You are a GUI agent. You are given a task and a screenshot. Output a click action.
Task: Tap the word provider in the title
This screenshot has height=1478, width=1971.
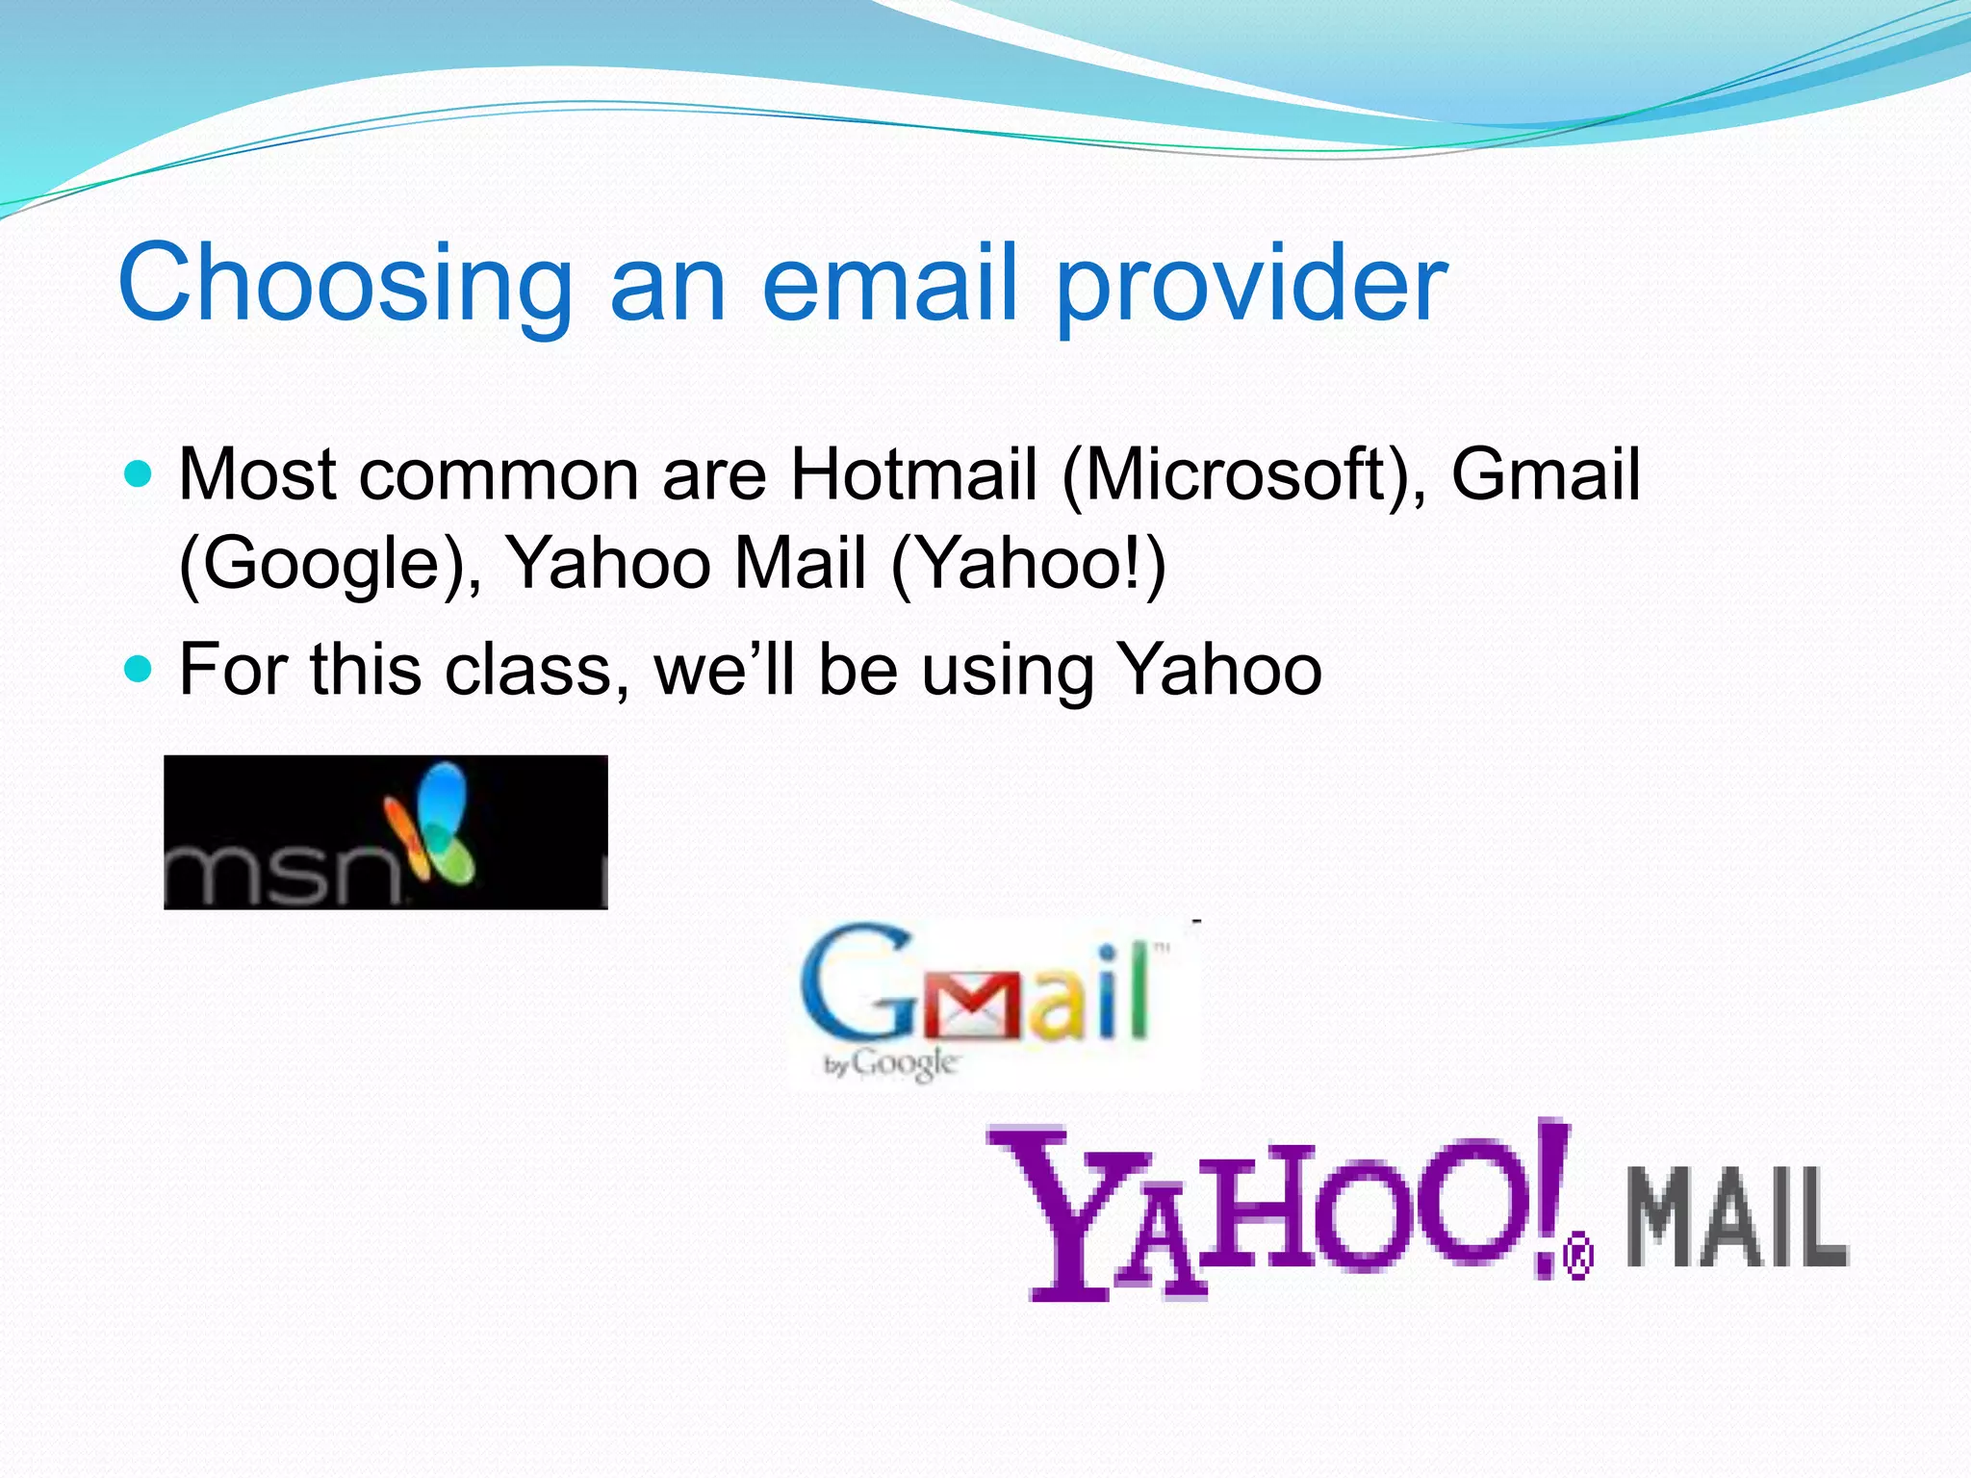point(1251,283)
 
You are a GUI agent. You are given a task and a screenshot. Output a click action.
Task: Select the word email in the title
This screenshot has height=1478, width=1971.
point(889,283)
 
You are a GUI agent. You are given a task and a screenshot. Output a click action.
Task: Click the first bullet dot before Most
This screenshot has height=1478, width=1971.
point(140,473)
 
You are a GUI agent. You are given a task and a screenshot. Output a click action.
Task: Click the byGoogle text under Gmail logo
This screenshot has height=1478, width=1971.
point(891,1064)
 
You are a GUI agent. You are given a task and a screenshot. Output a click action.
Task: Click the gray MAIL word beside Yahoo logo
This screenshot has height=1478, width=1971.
point(1737,1217)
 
